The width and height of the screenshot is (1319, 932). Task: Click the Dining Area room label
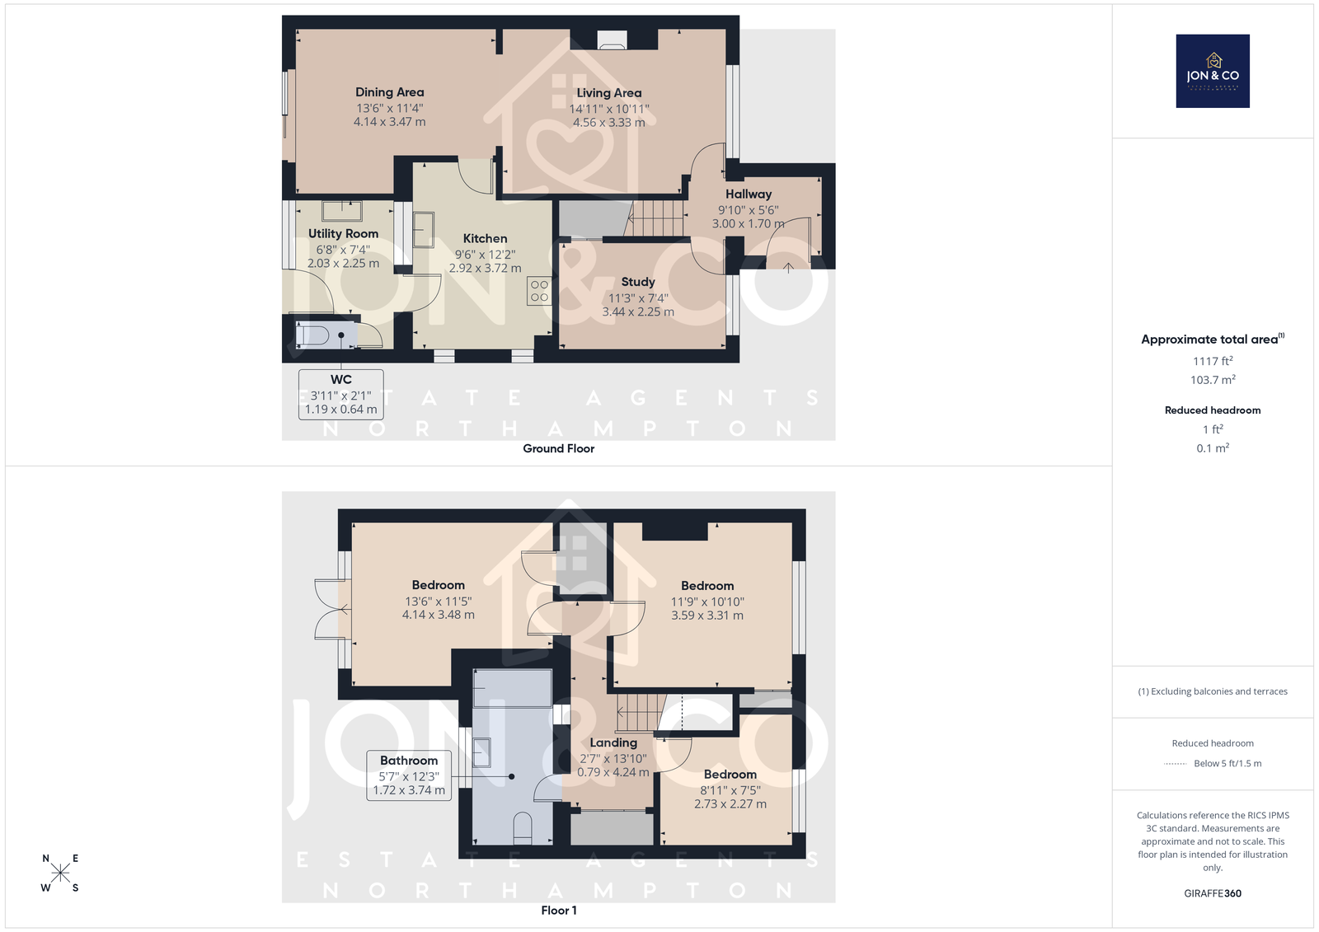pyautogui.click(x=389, y=92)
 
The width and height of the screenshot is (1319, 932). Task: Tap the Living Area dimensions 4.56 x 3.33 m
pyautogui.click(x=609, y=123)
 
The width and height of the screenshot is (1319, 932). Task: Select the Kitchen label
pyautogui.click(x=485, y=238)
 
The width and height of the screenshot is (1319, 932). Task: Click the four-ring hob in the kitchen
pyautogui.click(x=539, y=291)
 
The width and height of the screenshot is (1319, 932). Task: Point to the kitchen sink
pyautogui.click(x=424, y=230)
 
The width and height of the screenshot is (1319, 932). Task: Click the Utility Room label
pyautogui.click(x=343, y=234)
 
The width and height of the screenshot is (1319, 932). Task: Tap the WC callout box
pyautogui.click(x=341, y=395)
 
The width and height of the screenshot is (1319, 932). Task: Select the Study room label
pyautogui.click(x=638, y=282)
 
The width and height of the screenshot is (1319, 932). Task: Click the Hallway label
pyautogui.click(x=749, y=194)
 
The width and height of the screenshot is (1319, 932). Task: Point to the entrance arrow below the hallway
pyautogui.click(x=788, y=268)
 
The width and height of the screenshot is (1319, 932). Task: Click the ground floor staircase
pyautogui.click(x=655, y=218)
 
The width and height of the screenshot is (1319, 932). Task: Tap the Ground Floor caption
pyautogui.click(x=558, y=448)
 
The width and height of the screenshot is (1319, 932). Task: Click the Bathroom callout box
pyautogui.click(x=409, y=775)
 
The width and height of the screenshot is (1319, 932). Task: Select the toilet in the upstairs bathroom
pyautogui.click(x=523, y=828)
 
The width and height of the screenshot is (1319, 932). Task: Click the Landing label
pyautogui.click(x=613, y=743)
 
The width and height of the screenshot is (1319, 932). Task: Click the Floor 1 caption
pyautogui.click(x=558, y=911)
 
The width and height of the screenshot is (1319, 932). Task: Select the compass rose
pyautogui.click(x=60, y=873)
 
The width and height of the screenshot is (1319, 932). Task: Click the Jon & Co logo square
pyautogui.click(x=1213, y=71)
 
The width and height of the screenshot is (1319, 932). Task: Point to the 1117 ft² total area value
pyautogui.click(x=1213, y=361)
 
